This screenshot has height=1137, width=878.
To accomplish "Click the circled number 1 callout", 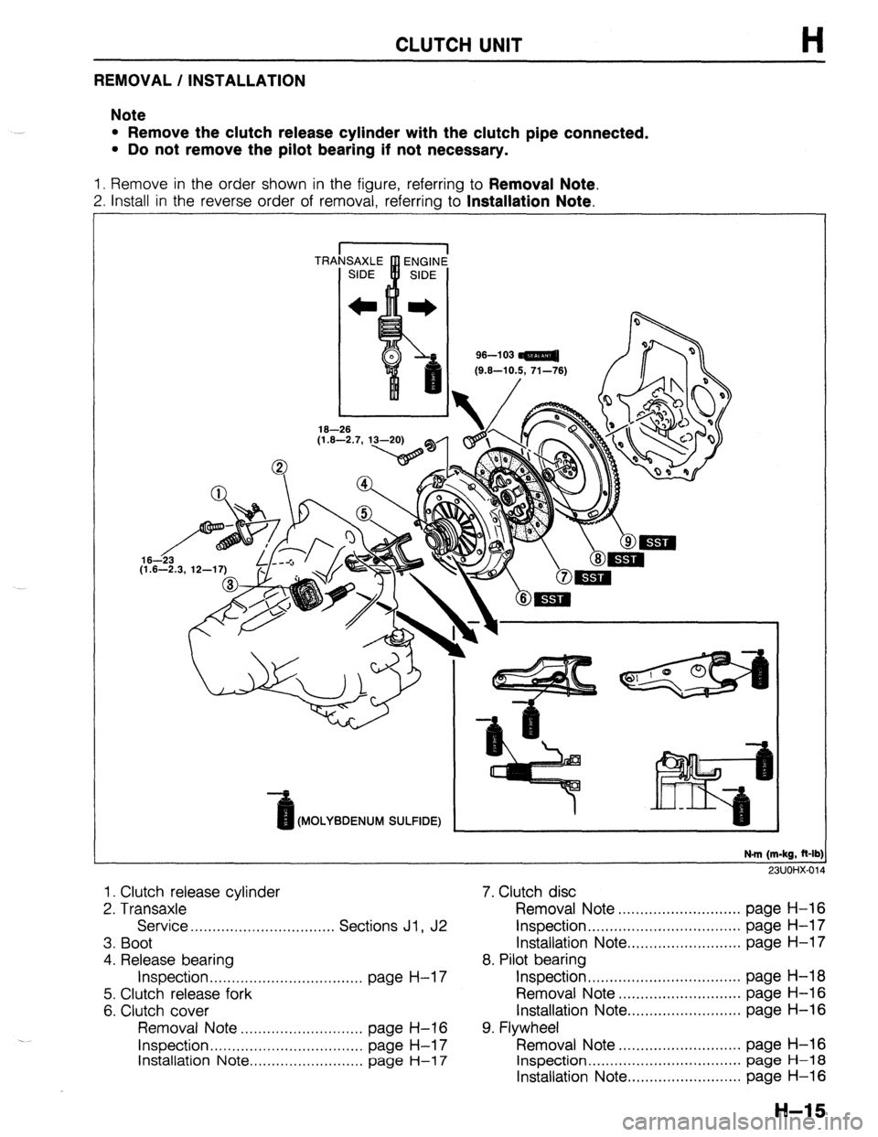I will [218, 499].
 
